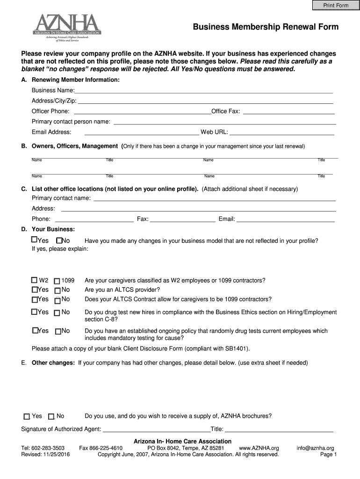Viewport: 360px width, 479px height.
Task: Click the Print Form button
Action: coord(336,5)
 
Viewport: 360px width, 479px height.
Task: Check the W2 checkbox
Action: coord(35,281)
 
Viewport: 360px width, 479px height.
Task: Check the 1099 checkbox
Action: coord(57,281)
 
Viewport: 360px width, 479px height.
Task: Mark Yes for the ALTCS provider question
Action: coord(35,290)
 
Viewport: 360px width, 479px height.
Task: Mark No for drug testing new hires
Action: coord(57,312)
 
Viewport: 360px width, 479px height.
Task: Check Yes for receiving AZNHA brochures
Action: coord(27,416)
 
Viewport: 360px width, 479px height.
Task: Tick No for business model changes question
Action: coord(59,240)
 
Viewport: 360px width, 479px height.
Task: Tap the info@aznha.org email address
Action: coord(315,448)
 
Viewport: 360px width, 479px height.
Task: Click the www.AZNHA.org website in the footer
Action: coord(259,448)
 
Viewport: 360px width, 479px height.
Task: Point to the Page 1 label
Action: coord(328,454)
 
